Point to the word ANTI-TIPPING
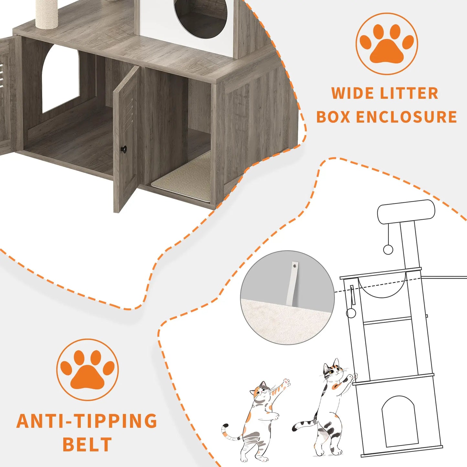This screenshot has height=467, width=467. [87, 421]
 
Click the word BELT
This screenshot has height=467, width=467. [87, 445]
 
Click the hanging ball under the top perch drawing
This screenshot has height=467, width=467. [388, 249]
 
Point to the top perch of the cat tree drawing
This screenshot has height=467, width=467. [406, 211]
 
